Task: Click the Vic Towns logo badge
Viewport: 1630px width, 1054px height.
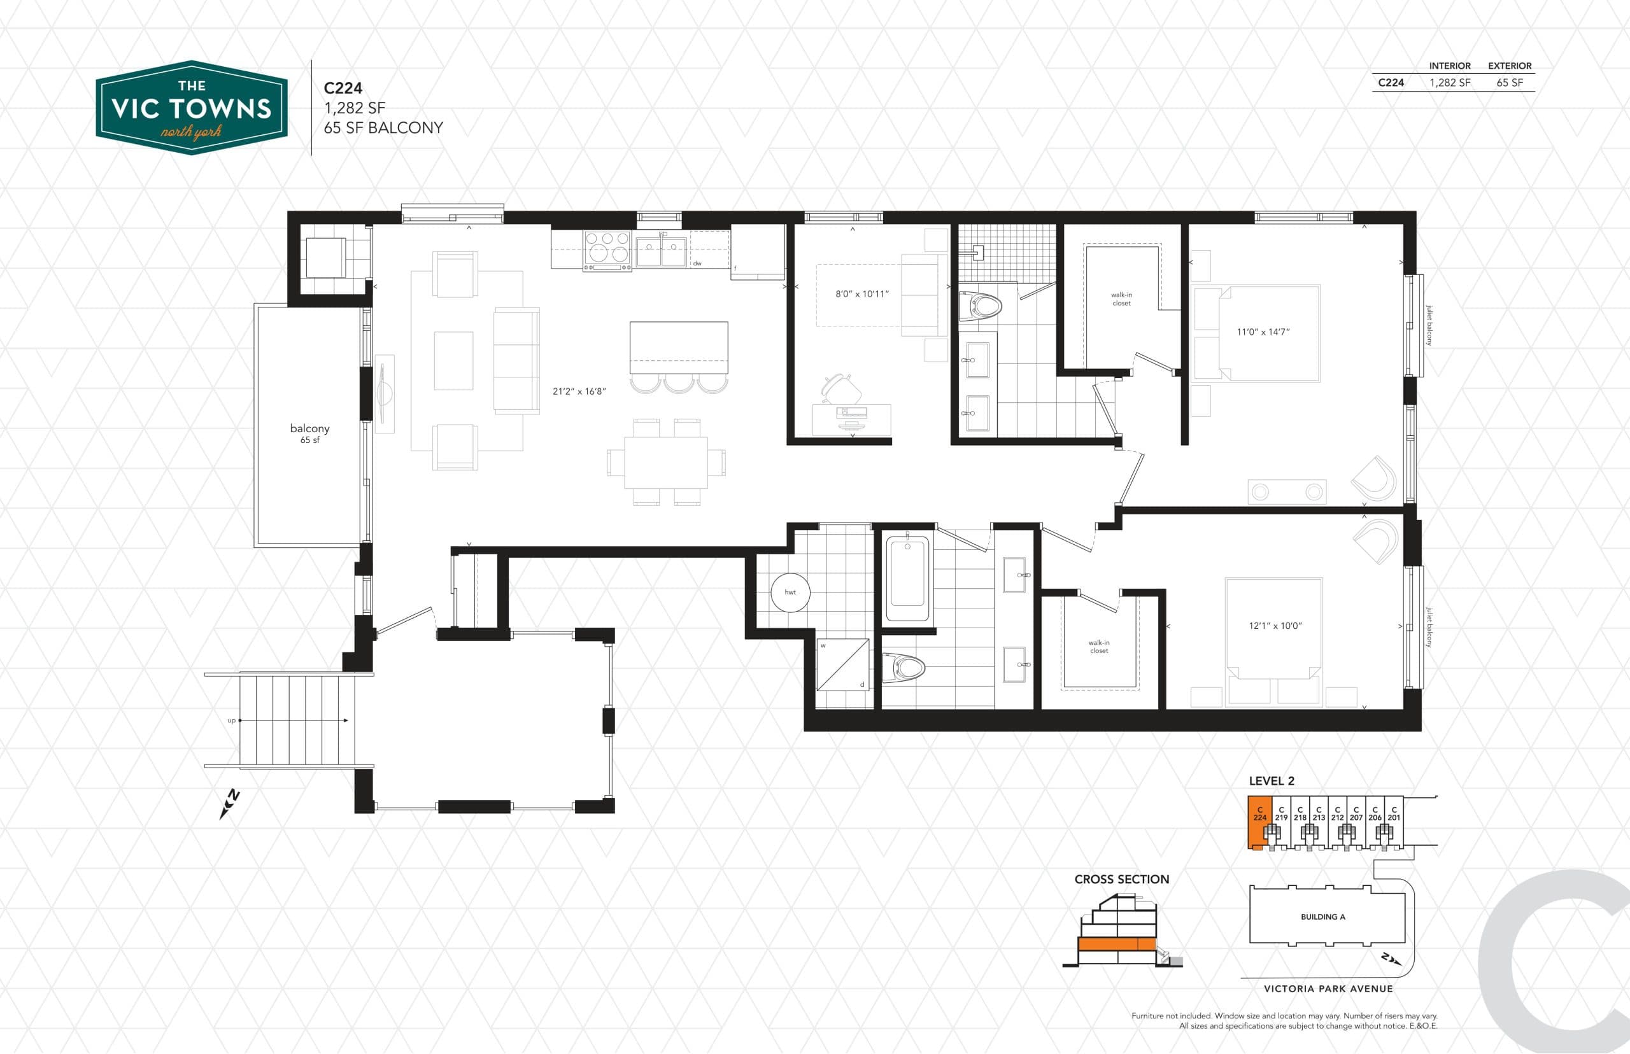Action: (192, 108)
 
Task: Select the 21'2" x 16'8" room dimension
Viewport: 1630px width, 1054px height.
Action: (579, 391)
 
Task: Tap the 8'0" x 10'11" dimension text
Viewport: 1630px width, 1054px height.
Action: (861, 294)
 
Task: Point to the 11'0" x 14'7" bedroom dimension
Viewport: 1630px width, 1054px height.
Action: (1263, 332)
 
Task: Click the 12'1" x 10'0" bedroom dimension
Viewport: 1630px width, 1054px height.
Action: (1273, 626)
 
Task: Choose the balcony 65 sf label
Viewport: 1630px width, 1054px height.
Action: (309, 433)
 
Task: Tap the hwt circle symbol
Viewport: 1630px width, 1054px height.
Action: (790, 592)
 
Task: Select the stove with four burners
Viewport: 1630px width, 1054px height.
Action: (607, 251)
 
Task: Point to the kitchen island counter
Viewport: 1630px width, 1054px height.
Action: (679, 348)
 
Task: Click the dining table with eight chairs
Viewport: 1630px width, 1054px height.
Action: (665, 462)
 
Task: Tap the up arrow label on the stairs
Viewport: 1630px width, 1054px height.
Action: (231, 720)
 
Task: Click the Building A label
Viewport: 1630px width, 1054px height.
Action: (1322, 917)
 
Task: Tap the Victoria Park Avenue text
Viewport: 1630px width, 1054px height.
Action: (1328, 988)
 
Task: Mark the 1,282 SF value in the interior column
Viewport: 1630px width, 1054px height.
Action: (1449, 83)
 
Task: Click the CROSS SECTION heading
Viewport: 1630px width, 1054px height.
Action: (1121, 880)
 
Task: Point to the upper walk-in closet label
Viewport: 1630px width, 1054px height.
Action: (1121, 299)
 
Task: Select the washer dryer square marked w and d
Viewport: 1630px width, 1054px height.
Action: (843, 664)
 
